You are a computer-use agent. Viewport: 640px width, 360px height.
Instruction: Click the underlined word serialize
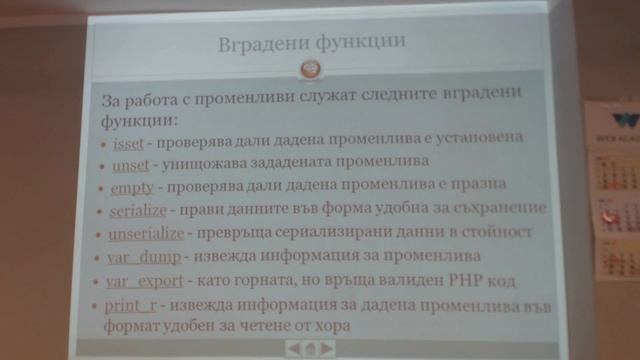coord(141,209)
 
